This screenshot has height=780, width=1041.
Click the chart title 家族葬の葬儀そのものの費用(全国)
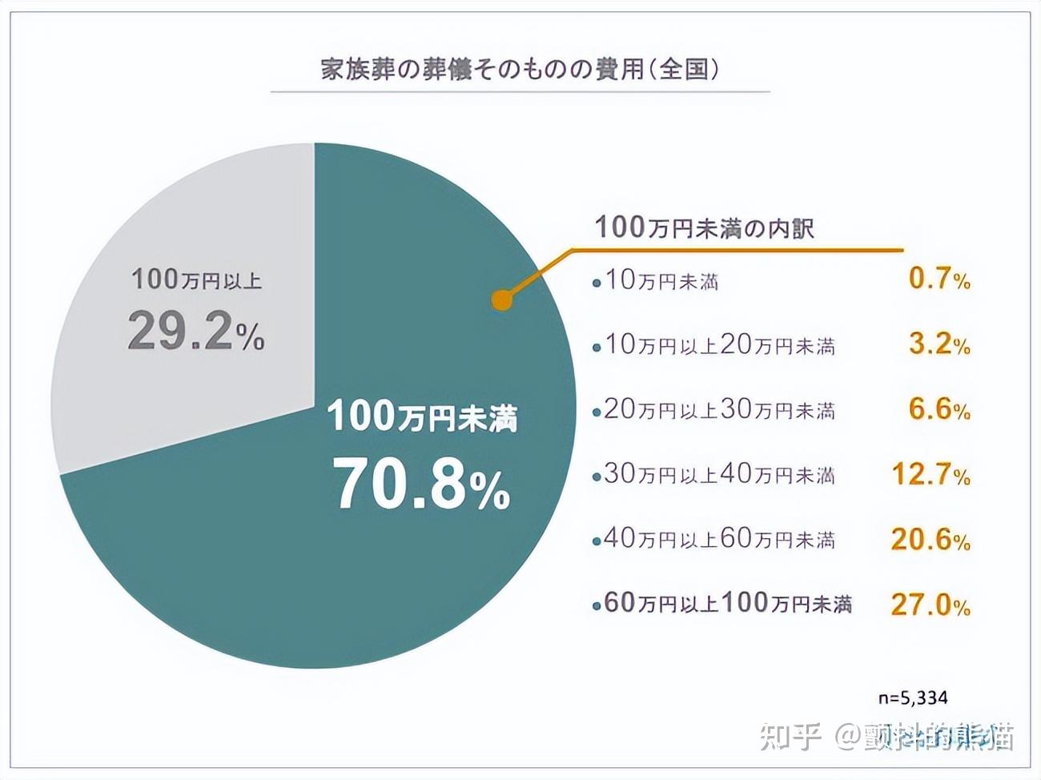pos(520,69)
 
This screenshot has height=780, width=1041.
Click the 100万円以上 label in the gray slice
pos(196,279)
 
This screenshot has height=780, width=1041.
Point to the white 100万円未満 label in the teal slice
pos(422,417)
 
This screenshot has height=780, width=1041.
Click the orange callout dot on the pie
pos(502,300)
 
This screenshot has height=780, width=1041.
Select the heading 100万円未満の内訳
pos(704,227)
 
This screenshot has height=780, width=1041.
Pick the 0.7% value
pos(939,279)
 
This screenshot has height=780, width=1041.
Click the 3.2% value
pos(939,344)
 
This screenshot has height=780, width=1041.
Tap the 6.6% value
pos(939,409)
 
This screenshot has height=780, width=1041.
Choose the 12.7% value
pos(930,474)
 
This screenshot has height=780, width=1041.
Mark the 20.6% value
pos(930,540)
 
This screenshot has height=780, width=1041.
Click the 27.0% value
pos(930,605)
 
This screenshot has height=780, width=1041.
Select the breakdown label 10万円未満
pos(661,280)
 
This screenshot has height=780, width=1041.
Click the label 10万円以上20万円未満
pos(719,345)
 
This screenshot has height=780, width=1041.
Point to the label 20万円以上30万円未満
pos(719,410)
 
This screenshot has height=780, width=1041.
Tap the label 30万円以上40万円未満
pos(719,475)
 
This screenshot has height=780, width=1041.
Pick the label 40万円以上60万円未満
pos(719,540)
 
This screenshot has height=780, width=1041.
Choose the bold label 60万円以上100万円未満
pos(727,604)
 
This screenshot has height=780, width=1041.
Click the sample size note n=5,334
pos(912,698)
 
